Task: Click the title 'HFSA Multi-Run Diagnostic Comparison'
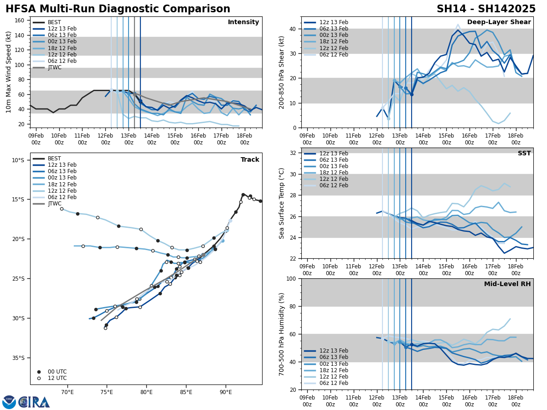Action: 118,9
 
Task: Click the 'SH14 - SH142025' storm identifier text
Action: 486,9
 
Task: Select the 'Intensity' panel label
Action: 243,22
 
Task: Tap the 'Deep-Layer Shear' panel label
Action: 499,22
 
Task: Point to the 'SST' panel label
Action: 524,154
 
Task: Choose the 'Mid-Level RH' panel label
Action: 507,284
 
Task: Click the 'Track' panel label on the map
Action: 250,160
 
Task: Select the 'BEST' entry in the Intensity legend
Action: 54,22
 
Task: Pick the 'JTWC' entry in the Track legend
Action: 55,204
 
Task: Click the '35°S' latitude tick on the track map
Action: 18,358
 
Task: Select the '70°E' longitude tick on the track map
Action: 67,392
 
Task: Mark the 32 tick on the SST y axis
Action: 293,153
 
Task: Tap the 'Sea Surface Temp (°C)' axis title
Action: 282,203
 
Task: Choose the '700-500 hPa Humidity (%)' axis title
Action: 282,334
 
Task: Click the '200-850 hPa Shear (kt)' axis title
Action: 282,72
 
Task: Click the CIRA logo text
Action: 34,402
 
